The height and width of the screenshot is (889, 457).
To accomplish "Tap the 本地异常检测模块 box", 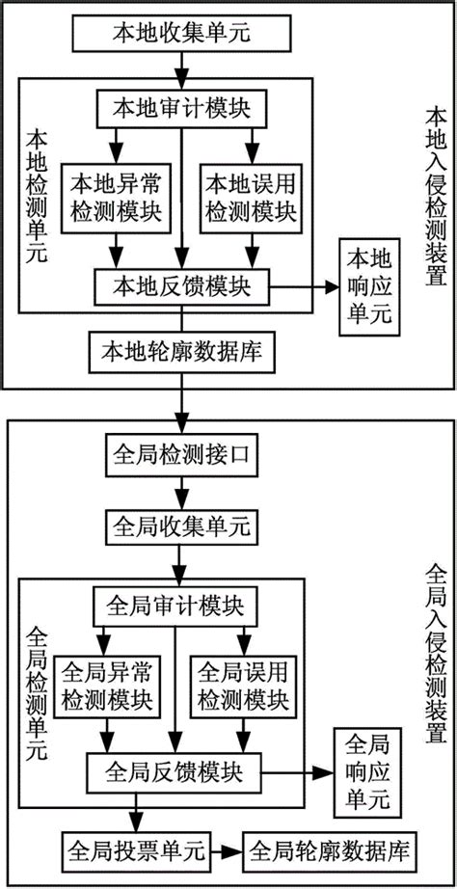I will pyautogui.click(x=103, y=196).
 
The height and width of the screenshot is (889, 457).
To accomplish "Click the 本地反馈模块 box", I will pyautogui.click(x=180, y=258).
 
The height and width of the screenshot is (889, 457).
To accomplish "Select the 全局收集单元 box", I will pyautogui.click(x=180, y=525).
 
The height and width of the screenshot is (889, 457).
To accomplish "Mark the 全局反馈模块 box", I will pyautogui.click(x=174, y=772).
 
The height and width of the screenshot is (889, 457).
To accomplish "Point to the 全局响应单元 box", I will pyautogui.click(x=363, y=772).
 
